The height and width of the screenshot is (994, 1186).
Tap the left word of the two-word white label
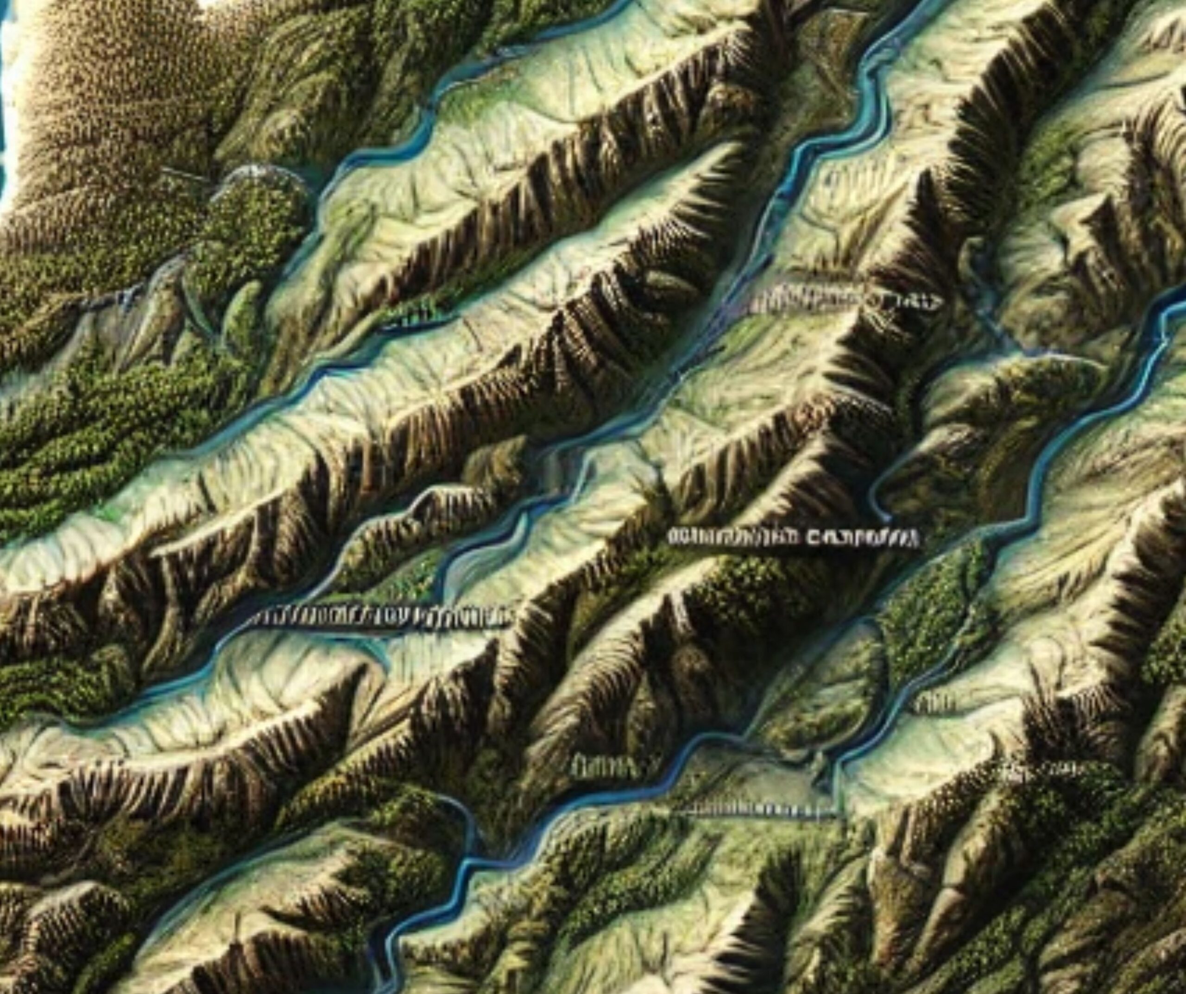coord(734,536)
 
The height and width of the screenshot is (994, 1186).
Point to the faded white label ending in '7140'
coord(847,302)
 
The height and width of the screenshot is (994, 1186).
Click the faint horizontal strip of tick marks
coord(757,811)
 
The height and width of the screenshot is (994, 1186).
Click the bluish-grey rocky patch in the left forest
coord(113,299)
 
